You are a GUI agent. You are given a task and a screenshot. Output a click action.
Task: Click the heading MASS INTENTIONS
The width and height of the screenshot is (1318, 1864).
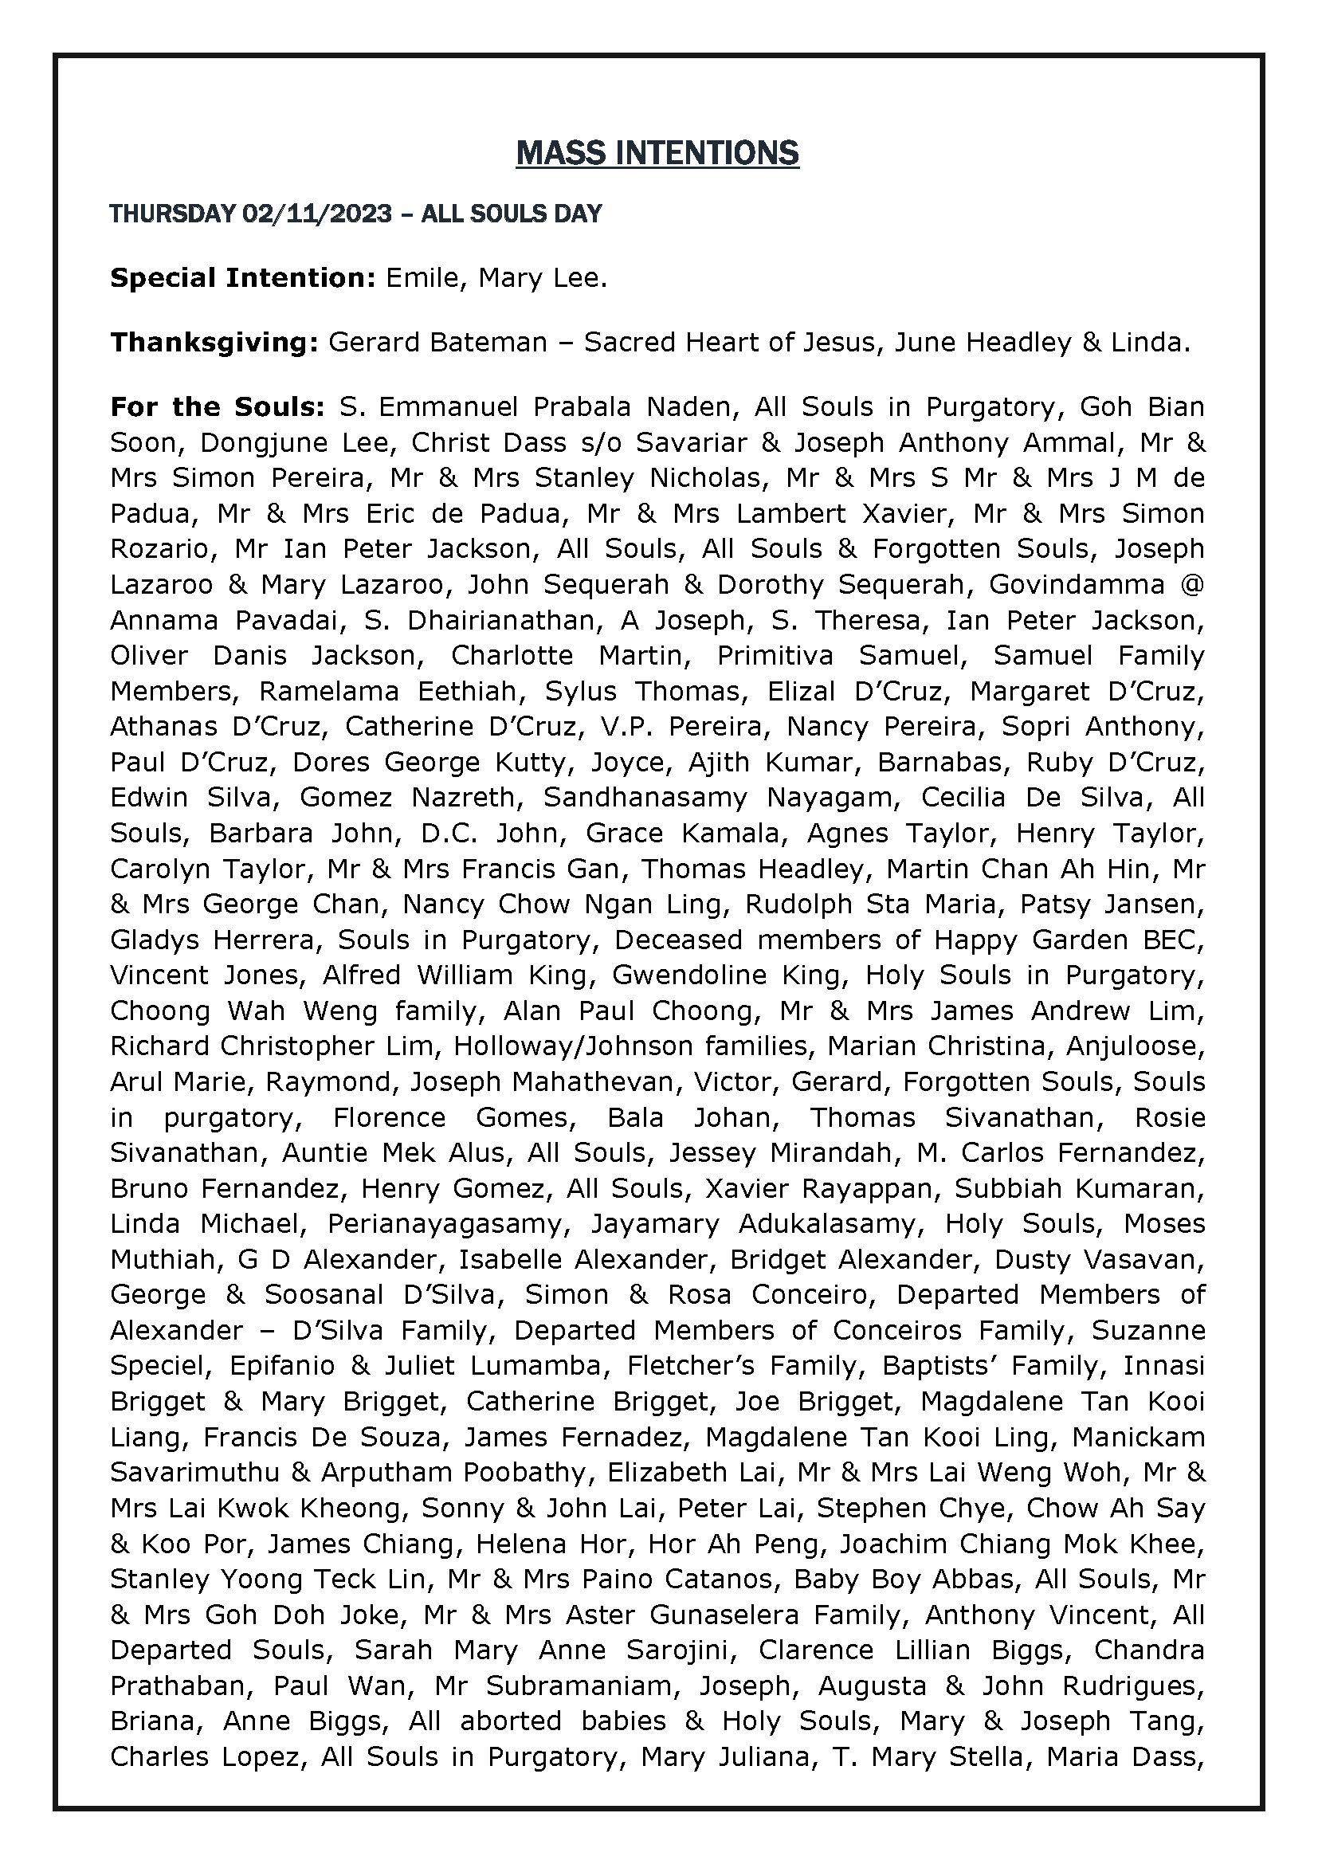[x=657, y=154]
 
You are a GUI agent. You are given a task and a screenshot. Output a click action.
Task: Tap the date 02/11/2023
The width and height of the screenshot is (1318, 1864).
[x=316, y=214]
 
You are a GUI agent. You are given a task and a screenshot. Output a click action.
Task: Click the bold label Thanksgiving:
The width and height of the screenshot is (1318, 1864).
[x=214, y=343]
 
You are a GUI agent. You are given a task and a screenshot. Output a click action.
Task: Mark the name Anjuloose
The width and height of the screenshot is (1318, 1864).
[x=1136, y=1046]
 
